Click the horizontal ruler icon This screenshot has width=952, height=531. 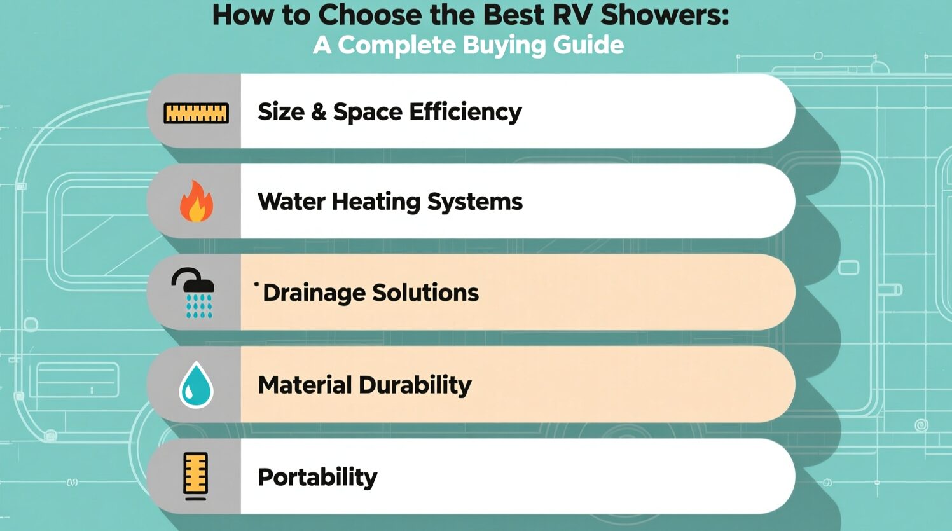click(197, 113)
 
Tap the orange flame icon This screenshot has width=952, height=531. click(197, 201)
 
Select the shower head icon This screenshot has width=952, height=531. click(193, 293)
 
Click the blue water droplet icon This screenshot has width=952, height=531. click(196, 385)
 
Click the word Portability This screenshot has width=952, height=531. click(317, 478)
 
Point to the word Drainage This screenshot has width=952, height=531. click(314, 293)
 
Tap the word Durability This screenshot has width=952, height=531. click(415, 385)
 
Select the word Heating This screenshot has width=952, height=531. click(376, 202)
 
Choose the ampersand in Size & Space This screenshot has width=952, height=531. click(319, 112)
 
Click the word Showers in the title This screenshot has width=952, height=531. click(665, 15)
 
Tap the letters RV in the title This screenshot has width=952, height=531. click(570, 15)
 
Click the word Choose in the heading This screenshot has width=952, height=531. click(369, 15)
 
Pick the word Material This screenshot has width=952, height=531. click(305, 385)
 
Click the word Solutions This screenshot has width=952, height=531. click(425, 293)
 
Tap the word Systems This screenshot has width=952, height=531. click(474, 202)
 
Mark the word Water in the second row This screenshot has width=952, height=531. click(291, 201)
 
